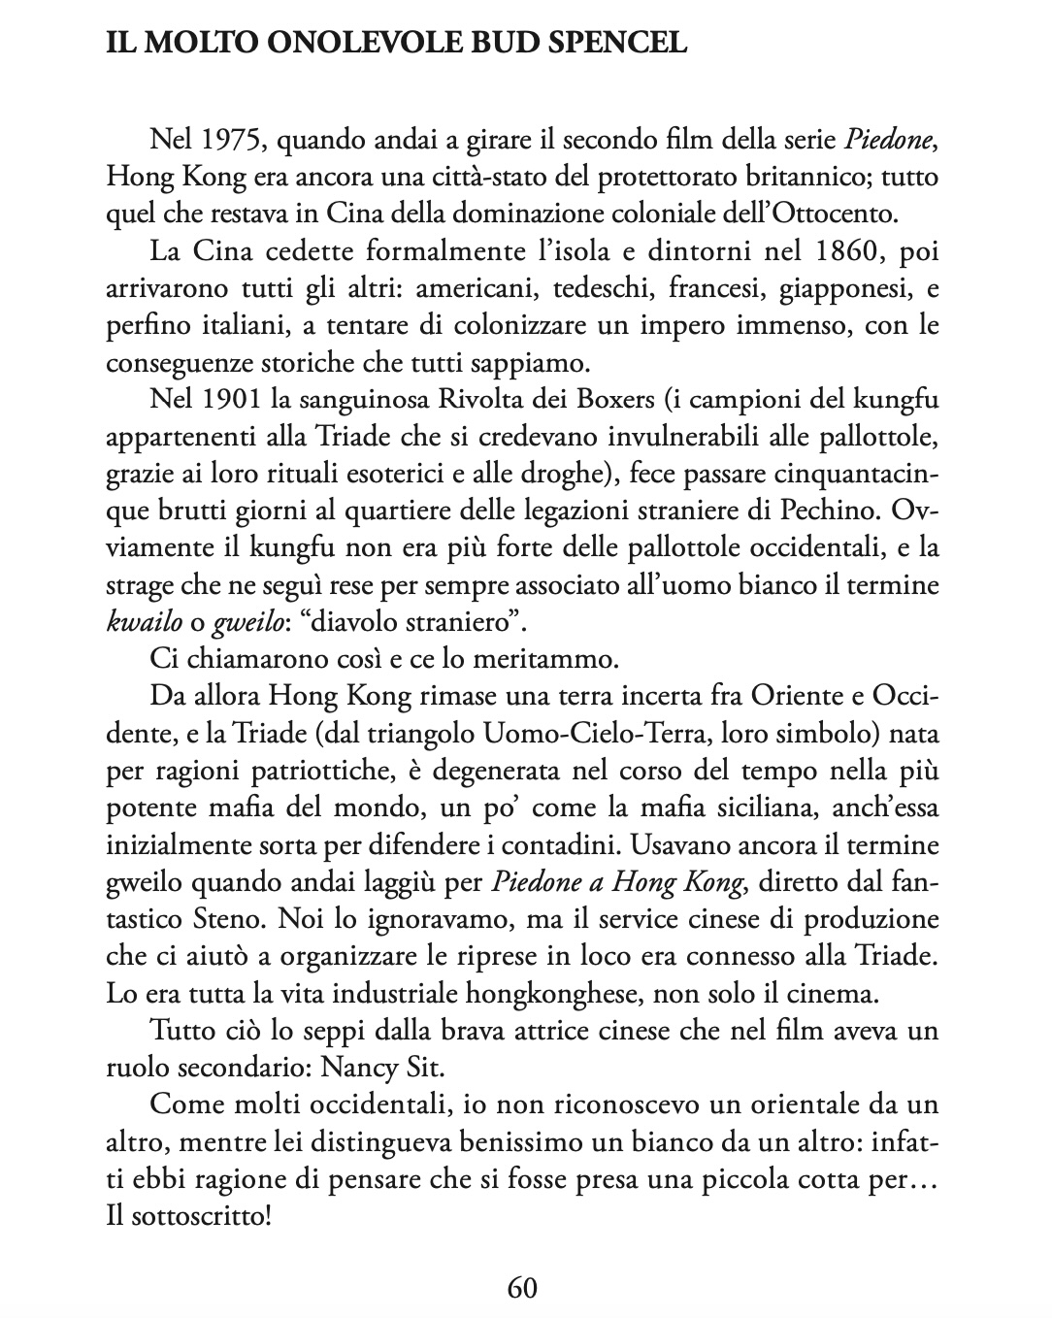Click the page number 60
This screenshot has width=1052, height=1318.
click(x=522, y=1288)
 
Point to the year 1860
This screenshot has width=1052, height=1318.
click(x=838, y=254)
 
